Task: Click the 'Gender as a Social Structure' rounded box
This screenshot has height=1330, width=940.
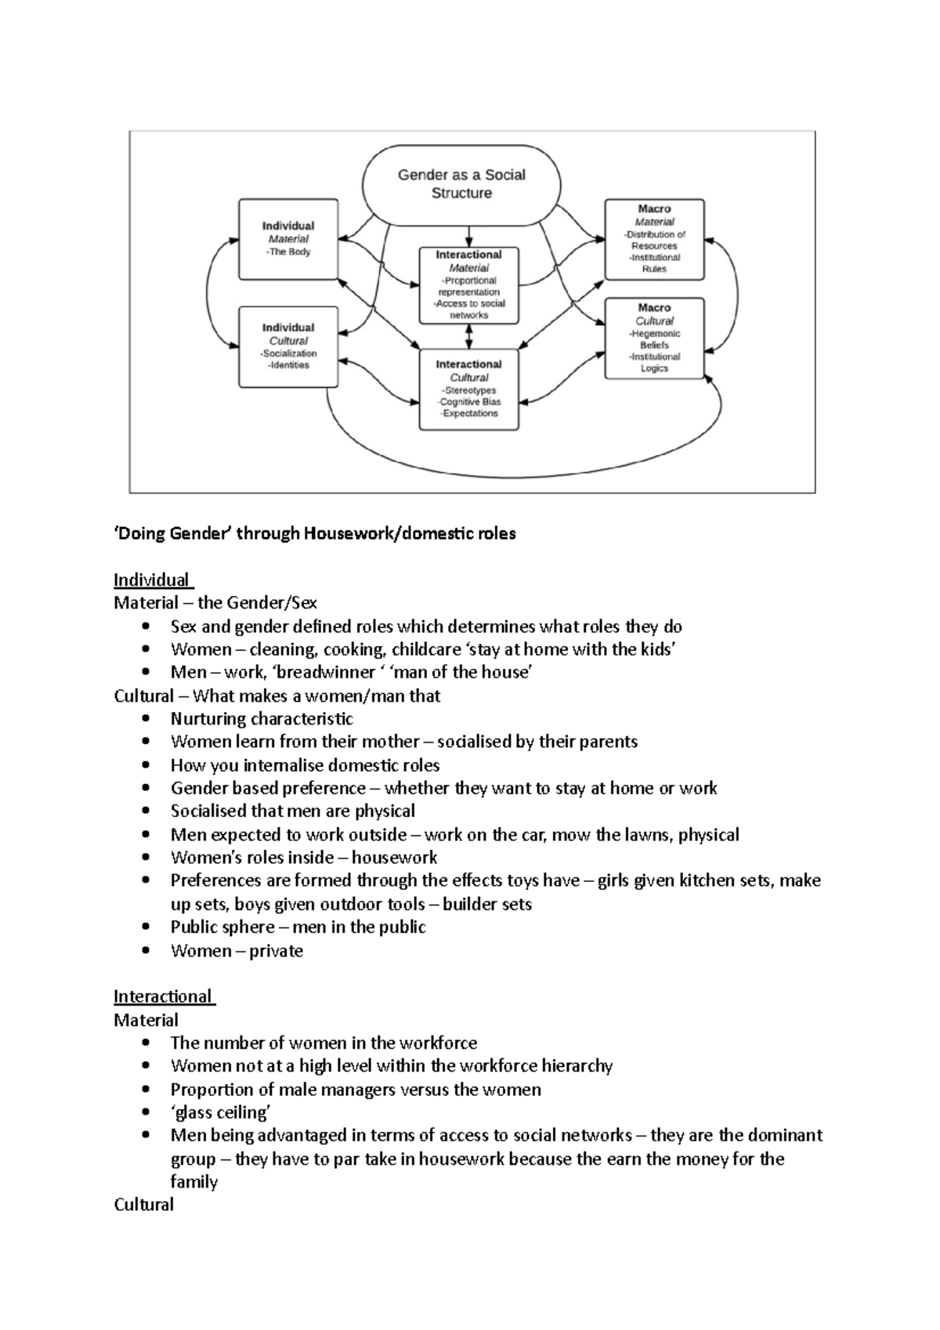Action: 461,183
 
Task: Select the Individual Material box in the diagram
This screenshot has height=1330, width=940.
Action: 288,239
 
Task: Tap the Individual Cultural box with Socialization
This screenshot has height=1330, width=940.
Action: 288,347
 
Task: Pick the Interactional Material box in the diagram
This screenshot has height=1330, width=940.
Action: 468,285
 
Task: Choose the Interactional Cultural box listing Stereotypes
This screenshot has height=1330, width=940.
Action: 468,389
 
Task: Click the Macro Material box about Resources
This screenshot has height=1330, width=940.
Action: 654,240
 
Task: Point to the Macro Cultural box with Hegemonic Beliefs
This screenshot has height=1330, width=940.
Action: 654,338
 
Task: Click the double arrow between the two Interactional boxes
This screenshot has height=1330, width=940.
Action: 468,337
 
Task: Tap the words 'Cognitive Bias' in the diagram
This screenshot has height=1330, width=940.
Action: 470,402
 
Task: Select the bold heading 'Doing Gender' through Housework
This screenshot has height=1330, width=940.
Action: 314,533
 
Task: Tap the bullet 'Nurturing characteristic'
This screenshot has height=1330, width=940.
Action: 262,718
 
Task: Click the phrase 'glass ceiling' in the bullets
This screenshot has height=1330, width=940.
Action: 221,1112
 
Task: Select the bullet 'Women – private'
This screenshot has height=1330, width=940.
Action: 237,950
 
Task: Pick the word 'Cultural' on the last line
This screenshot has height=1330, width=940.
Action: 143,1204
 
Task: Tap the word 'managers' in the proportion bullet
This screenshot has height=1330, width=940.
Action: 352,1090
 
